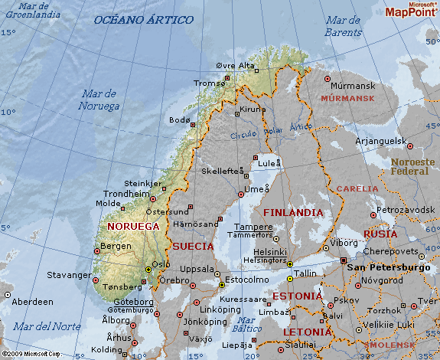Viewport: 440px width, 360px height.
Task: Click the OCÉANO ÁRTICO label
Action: point(143,20)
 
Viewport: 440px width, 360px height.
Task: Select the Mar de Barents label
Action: point(343,26)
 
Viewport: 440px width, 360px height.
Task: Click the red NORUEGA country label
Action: point(134,227)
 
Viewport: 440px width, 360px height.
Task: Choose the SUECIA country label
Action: point(193,247)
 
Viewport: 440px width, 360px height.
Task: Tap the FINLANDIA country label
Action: point(293,212)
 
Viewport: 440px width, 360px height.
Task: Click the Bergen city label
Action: point(116,246)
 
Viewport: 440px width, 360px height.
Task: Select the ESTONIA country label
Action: point(298,296)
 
